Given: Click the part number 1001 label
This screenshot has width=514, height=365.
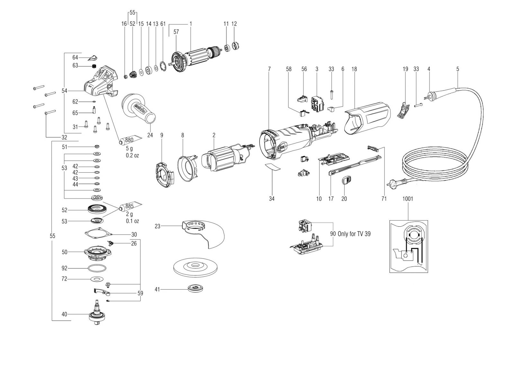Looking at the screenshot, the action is [x=408, y=199].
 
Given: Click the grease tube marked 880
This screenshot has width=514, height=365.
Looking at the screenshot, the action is [x=130, y=140].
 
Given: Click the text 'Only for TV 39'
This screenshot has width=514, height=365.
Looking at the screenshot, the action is [x=354, y=234].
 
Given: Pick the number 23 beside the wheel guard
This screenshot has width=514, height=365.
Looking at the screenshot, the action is [x=157, y=227].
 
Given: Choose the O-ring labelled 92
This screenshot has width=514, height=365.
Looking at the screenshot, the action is [x=97, y=268].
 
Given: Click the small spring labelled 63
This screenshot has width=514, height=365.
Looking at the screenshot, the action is [x=93, y=66].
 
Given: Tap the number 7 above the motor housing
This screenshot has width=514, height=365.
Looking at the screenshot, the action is [x=269, y=69].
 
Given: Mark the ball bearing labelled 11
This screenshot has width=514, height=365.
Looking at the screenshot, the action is [x=228, y=48].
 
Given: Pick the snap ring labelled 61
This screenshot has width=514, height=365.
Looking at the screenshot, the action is [x=164, y=67].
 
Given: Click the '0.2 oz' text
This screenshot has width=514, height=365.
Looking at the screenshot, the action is [x=132, y=155].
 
